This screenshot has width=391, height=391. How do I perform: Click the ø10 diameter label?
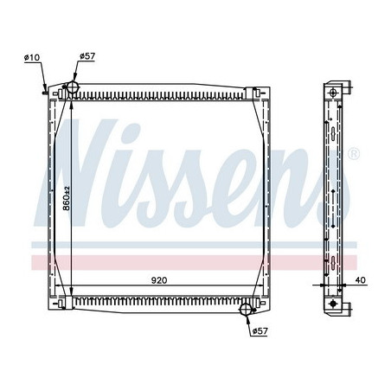[31, 57]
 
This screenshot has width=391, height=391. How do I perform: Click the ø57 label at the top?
[87, 57]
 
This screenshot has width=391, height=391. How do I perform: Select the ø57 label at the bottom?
[260, 330]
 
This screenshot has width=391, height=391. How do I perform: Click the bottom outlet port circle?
[247, 309]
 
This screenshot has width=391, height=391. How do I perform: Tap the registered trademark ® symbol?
[354, 153]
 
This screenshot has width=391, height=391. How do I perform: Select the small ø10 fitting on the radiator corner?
[46, 87]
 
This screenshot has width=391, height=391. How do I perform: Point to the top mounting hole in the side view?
[331, 92]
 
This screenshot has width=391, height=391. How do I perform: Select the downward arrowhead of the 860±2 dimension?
[70, 294]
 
